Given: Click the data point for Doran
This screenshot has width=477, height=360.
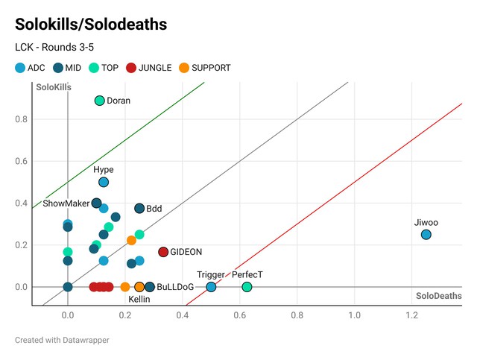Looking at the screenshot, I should tap(100, 101).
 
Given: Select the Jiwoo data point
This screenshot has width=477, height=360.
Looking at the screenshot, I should tap(426, 235).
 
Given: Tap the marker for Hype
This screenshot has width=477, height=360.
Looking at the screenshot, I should tap(104, 182).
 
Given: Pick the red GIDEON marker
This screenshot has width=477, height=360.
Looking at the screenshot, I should tap(163, 252).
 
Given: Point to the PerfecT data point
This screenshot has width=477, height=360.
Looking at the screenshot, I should tap(247, 287).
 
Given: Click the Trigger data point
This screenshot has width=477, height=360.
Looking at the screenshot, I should tap(211, 287).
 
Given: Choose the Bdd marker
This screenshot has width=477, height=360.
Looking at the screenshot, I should tap(139, 209).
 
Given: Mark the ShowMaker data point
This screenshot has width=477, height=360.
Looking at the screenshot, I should tap(96, 203).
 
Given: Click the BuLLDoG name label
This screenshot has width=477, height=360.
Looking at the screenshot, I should tap(175, 287).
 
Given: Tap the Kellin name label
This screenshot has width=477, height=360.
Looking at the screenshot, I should tap(139, 299).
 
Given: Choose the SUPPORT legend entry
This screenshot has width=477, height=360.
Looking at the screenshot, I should tap(205, 68).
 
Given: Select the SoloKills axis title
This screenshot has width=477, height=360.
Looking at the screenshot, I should tap(54, 88).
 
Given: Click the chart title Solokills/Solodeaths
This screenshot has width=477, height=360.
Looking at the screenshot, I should tap(90, 25).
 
